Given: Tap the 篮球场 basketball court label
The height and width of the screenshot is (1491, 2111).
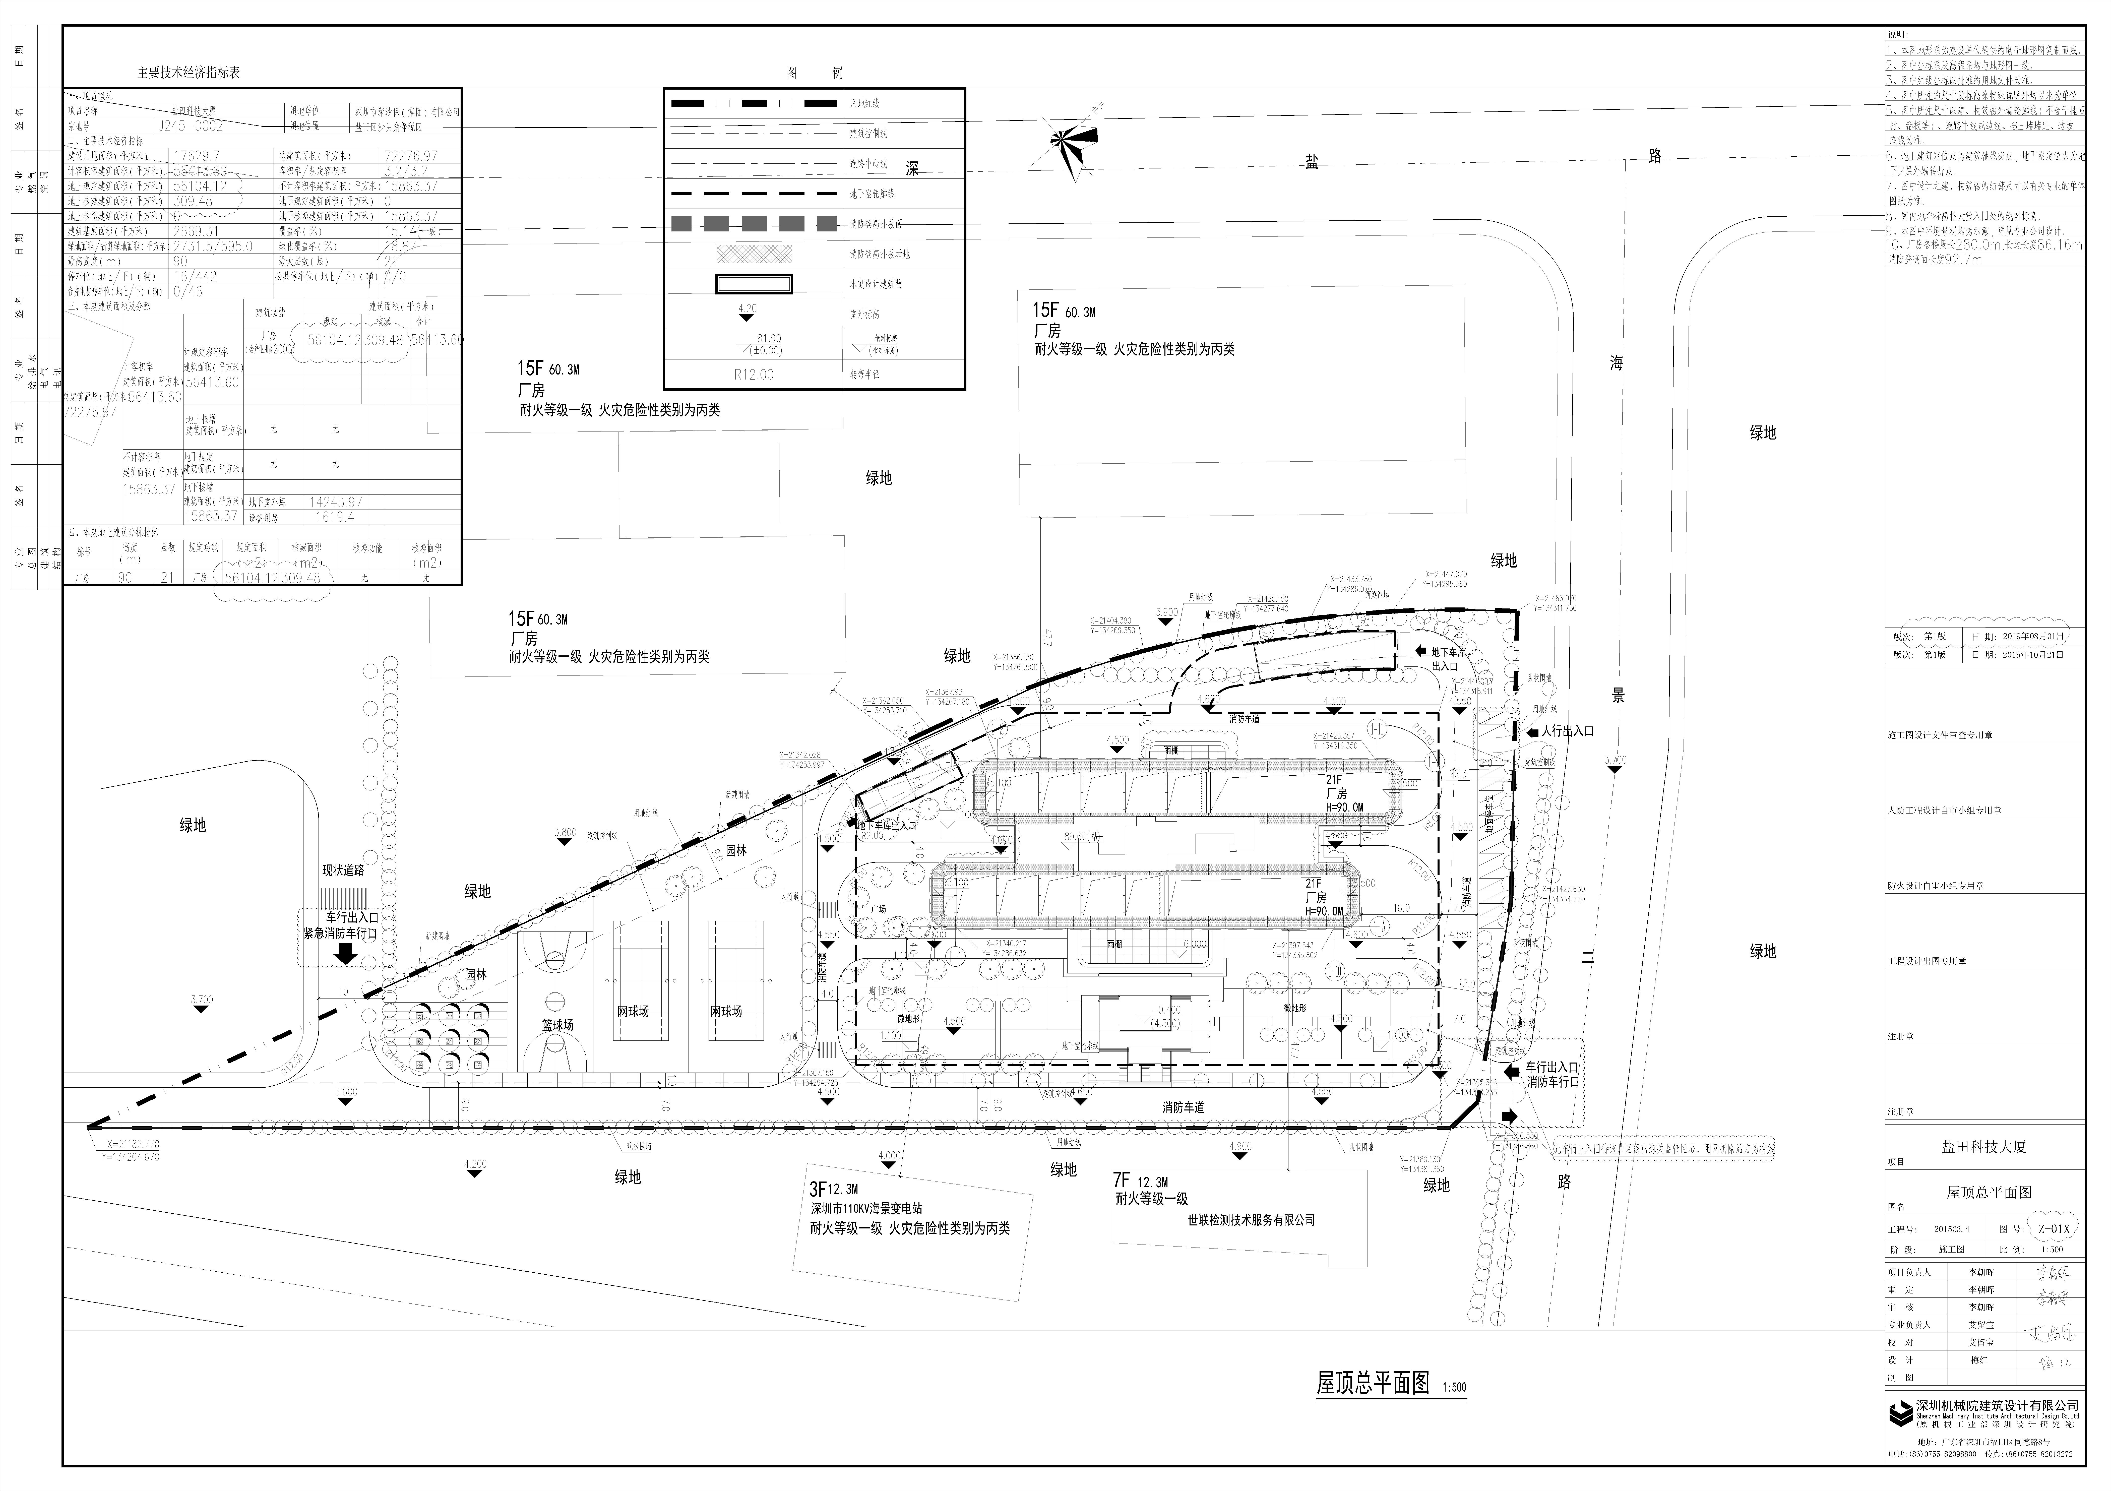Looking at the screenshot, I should [557, 1024].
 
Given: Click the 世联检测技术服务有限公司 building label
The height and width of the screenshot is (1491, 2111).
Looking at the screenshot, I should [1251, 1220].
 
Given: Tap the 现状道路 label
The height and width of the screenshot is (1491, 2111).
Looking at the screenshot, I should [343, 869].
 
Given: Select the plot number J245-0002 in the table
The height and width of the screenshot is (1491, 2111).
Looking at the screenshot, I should [191, 126].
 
